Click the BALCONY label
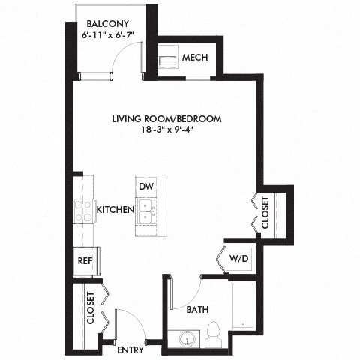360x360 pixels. click(106, 23)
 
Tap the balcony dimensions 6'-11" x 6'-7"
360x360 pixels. click(106, 34)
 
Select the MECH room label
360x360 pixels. click(194, 58)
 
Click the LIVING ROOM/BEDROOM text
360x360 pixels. click(166, 118)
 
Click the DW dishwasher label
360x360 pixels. click(145, 186)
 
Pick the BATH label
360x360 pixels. click(197, 309)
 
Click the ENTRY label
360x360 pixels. click(130, 349)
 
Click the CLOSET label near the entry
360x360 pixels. click(90, 308)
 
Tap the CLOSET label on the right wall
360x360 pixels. click(265, 213)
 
